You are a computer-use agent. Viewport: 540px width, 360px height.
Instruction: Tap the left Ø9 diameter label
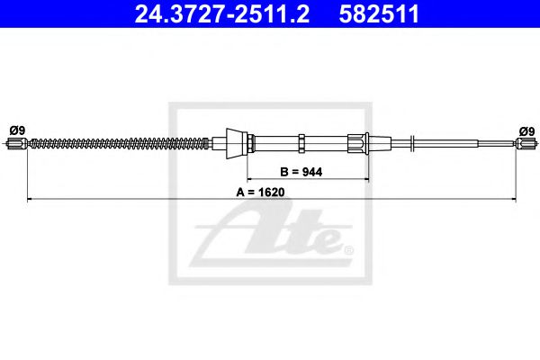click(x=16, y=130)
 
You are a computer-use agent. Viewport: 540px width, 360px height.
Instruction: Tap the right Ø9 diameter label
click(x=526, y=130)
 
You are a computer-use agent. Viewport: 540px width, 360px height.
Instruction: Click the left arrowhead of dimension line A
click(x=31, y=198)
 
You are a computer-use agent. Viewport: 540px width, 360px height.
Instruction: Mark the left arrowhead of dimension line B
click(x=251, y=177)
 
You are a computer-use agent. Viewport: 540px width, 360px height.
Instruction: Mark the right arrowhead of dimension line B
click(x=366, y=177)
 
